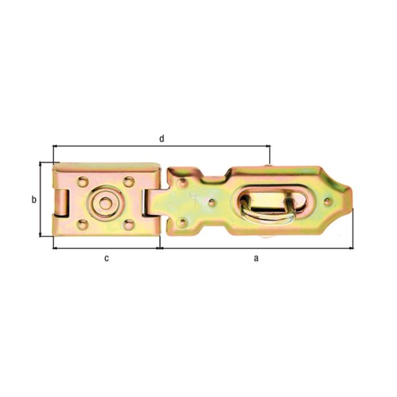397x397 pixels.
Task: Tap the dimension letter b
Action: [x=34, y=199]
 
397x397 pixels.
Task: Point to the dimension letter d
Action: [x=162, y=138]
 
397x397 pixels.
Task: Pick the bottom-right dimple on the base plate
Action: [x=128, y=225]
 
